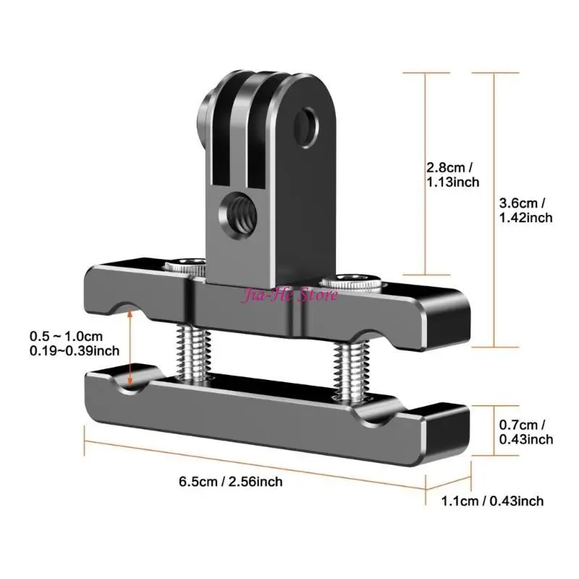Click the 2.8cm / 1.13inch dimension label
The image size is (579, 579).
(x=452, y=174)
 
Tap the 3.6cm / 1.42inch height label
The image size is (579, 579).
(x=526, y=210)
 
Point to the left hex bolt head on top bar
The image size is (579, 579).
(x=184, y=266)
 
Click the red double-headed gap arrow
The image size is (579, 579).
(x=130, y=346)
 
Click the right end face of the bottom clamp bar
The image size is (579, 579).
(x=453, y=436)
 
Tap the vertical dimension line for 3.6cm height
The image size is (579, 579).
(x=494, y=210)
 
